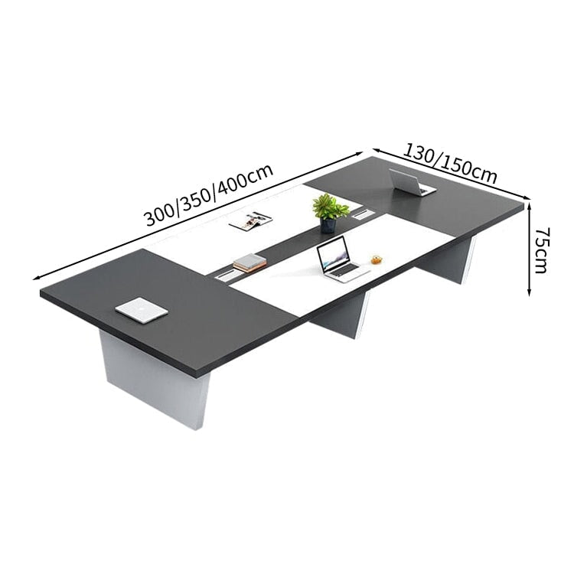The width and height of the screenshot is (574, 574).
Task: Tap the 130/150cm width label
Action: [x=451, y=163]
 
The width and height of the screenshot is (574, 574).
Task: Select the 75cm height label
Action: [x=542, y=250]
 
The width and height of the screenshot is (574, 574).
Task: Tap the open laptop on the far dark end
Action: [x=411, y=183]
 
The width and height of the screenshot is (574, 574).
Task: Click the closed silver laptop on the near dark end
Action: [x=142, y=310]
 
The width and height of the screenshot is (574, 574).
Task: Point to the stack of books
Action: [x=249, y=263]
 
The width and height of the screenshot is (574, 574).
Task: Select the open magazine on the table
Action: [x=250, y=220]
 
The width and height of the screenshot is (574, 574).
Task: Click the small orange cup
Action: [x=377, y=259]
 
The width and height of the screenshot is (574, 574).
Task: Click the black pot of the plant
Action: [x=328, y=226]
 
